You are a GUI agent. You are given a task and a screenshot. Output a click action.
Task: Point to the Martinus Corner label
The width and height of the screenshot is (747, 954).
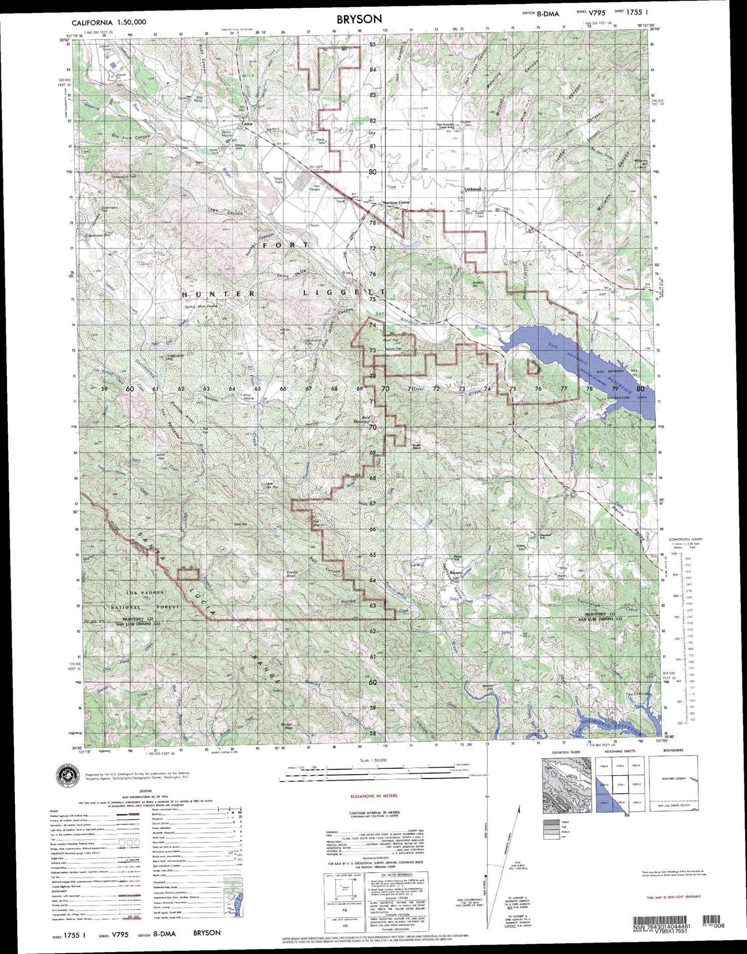[395, 203]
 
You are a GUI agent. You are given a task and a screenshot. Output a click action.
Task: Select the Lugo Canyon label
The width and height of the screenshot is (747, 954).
[227, 212]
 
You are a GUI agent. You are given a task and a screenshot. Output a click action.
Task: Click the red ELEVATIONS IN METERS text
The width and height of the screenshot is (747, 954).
[373, 796]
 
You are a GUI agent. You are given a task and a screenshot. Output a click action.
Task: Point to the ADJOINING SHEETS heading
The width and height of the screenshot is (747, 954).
[615, 750]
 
